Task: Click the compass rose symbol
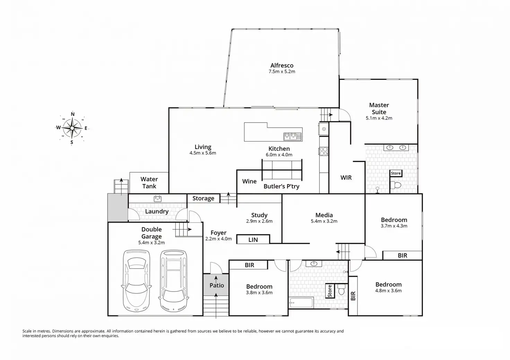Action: coord(72,128)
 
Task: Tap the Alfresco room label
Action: coord(282,65)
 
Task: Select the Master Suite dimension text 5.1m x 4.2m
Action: coord(379,118)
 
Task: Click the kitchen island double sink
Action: coord(293,136)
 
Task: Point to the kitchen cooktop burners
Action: coord(324,151)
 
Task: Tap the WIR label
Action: coord(346,178)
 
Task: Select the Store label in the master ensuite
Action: coord(396,173)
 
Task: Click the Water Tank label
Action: coord(149,182)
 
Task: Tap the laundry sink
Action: coord(158,199)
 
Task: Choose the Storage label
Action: coord(203,198)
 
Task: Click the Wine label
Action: coord(249,181)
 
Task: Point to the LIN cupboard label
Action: coord(253,240)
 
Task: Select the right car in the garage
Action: coord(173,280)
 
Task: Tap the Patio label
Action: coord(217,285)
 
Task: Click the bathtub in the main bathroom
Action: coord(301,303)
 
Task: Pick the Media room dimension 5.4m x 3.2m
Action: coord(324,221)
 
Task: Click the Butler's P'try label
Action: coord(281,186)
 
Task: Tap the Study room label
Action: coord(259,215)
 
